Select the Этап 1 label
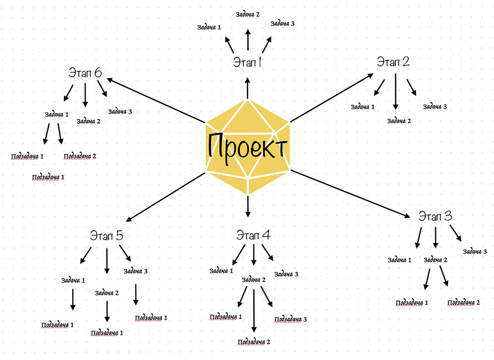(247, 63)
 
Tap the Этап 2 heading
(393, 62)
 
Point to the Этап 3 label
(435, 217)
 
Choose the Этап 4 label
(253, 235)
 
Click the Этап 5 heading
(107, 236)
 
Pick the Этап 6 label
(85, 73)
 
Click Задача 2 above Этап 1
(248, 14)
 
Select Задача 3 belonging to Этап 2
(435, 107)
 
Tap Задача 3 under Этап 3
(475, 251)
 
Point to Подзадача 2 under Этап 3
(464, 302)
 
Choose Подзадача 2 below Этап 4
(254, 342)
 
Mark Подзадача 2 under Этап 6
(80, 156)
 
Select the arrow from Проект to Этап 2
(331, 97)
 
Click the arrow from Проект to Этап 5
(166, 196)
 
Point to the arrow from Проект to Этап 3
(351, 194)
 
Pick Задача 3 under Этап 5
(136, 271)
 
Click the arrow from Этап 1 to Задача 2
(248, 40)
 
